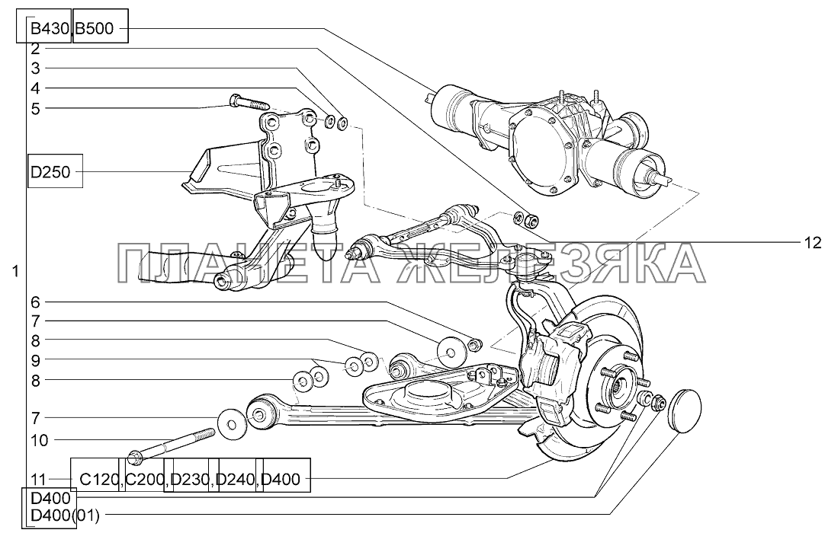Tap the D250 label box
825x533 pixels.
50,173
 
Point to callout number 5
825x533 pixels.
35,108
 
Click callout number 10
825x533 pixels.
39,439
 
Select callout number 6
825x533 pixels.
35,300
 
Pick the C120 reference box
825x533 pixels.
97,479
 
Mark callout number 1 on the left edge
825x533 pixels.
15,271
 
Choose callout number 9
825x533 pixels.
35,359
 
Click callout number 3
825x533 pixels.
35,68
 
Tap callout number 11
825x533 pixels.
39,479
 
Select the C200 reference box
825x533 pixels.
143,479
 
